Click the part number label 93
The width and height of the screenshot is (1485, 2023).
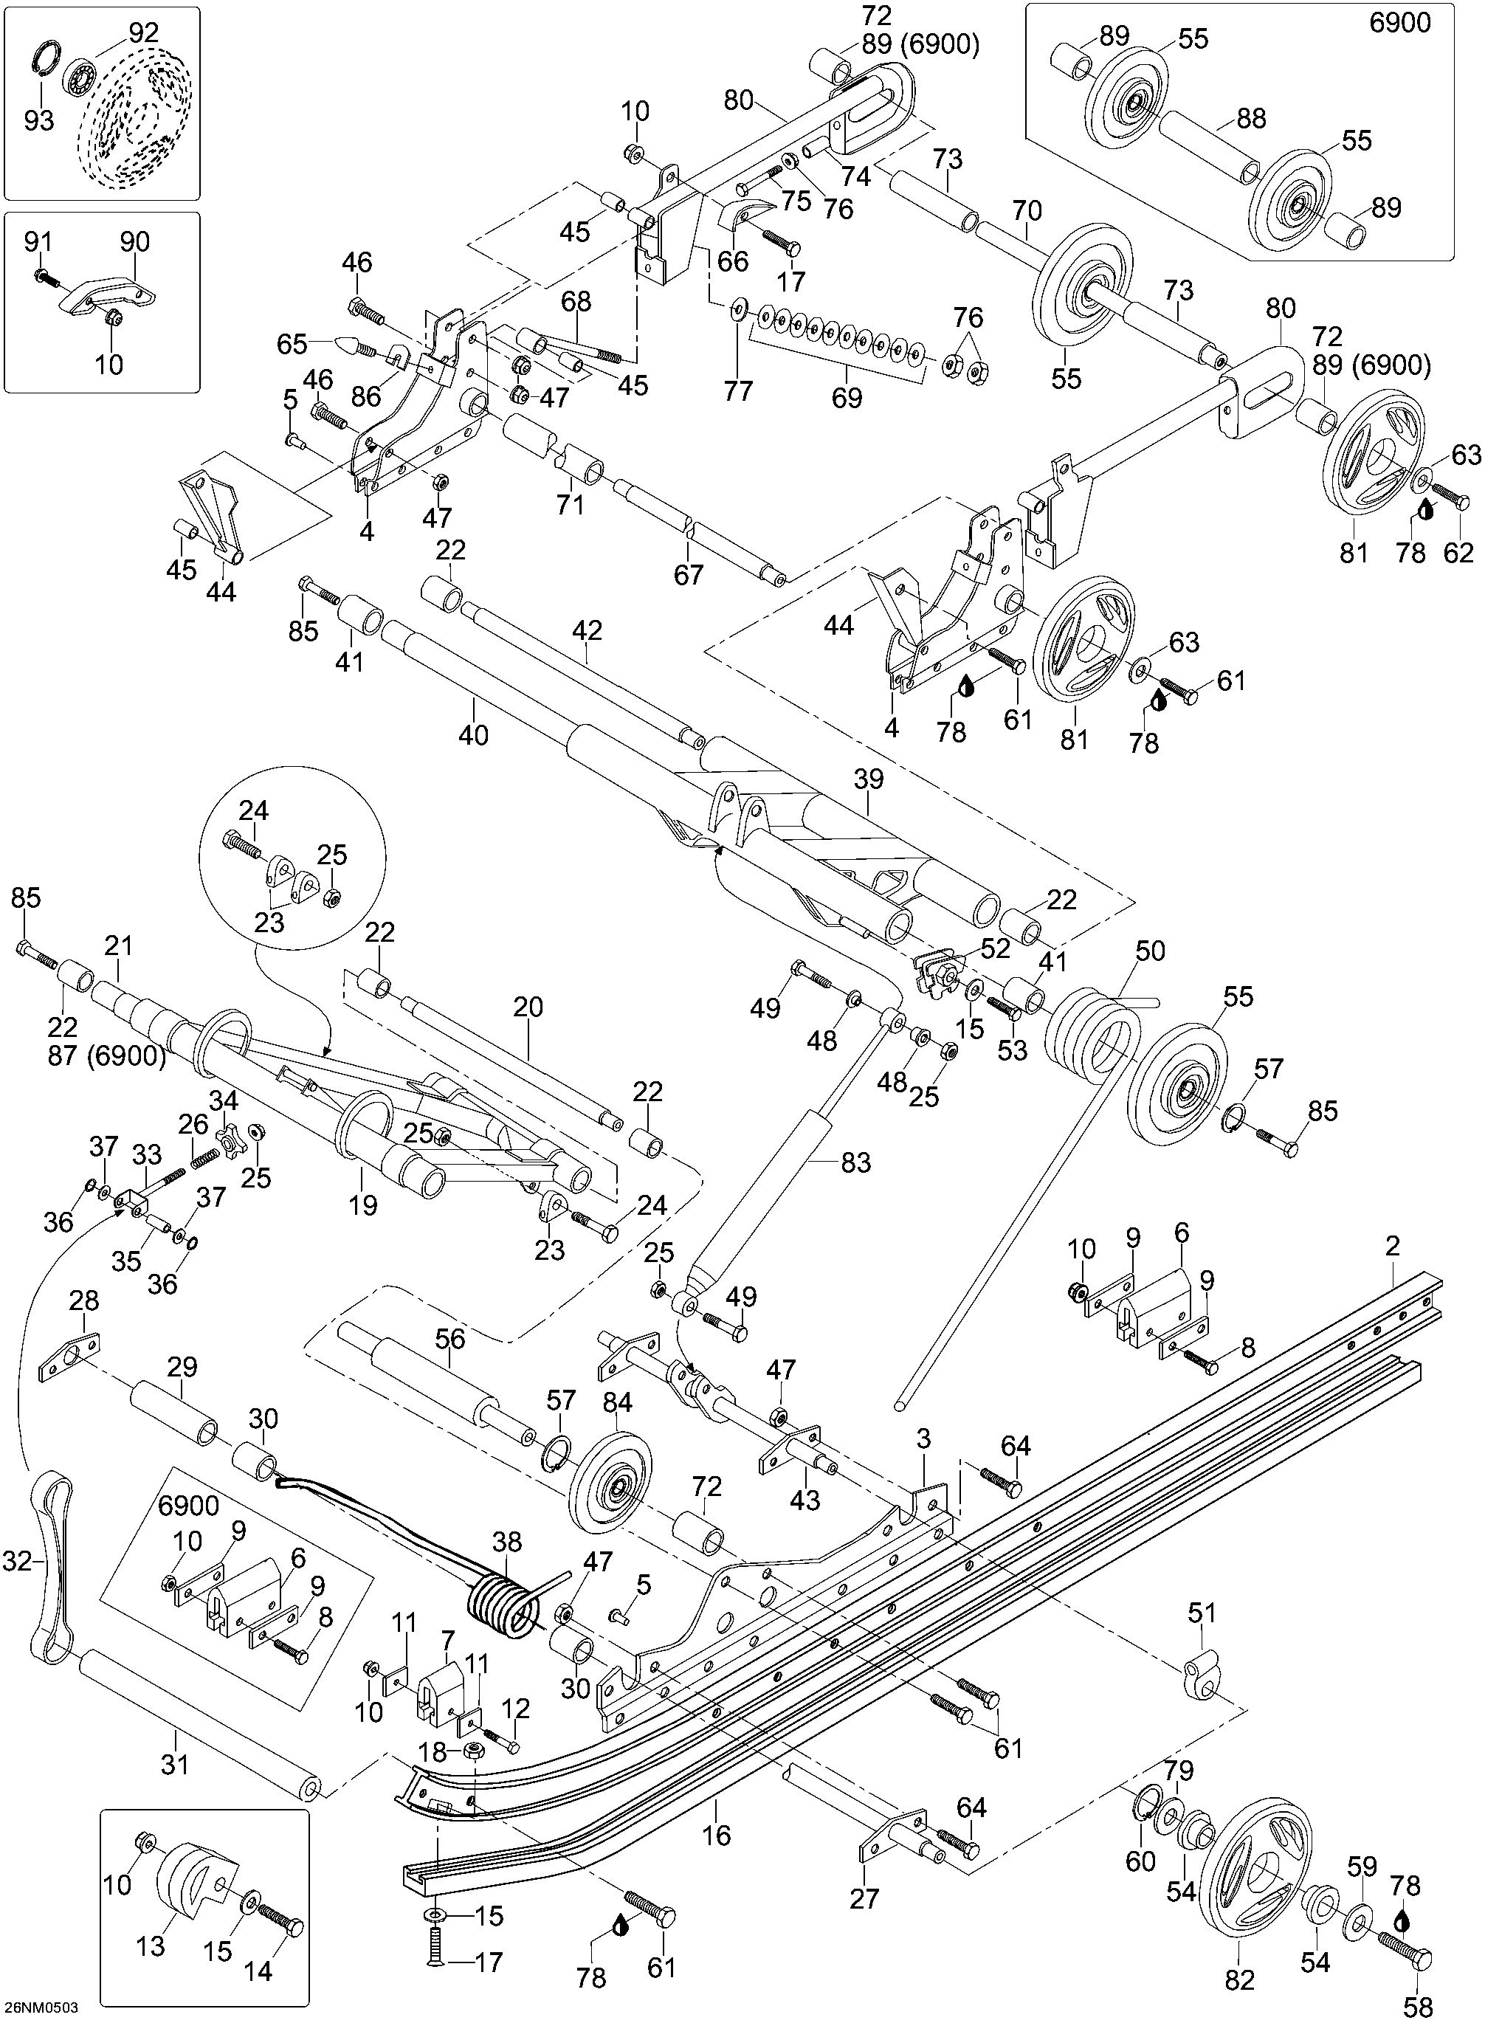coord(38,120)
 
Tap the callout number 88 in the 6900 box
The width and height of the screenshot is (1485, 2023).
coord(1250,118)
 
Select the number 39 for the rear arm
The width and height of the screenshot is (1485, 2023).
coord(869,779)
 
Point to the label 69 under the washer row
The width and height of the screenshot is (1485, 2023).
coord(847,396)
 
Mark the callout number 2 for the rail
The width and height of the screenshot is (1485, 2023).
coord(1393,1246)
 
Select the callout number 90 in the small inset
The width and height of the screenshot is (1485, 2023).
coord(135,242)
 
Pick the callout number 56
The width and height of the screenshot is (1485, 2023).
coord(450,1339)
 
